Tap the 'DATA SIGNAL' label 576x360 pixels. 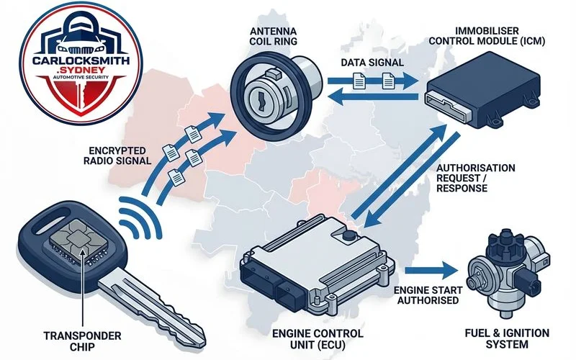pos(370,63)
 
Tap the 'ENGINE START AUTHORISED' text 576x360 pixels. pos(426,294)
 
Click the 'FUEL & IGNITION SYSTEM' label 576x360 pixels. pos(508,338)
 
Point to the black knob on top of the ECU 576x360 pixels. pos(348,235)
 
